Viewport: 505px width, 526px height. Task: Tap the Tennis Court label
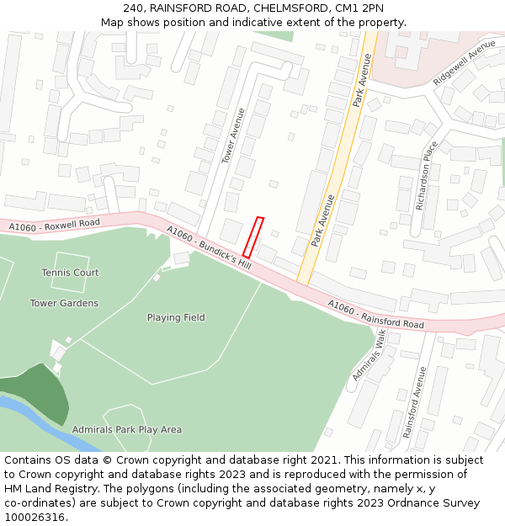click(70, 273)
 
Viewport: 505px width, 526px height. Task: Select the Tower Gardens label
click(64, 303)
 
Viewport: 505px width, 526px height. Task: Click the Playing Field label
click(176, 317)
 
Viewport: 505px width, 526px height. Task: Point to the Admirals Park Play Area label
click(126, 429)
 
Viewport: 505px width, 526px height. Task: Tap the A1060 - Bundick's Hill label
click(209, 247)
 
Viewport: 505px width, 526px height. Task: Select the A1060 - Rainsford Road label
click(376, 315)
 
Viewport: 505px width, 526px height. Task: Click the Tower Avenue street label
click(232, 135)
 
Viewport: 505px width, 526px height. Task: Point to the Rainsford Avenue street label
click(410, 401)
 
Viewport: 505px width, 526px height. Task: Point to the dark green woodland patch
click(42, 391)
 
